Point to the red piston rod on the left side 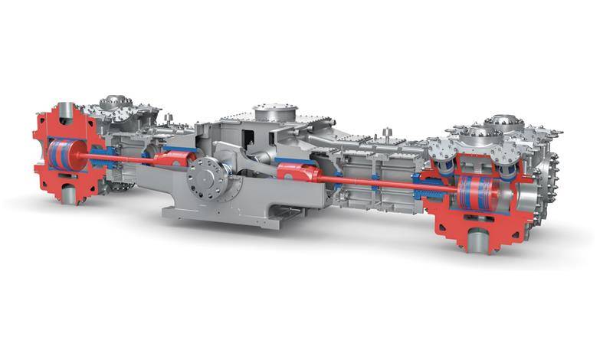115,156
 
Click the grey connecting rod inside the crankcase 245,162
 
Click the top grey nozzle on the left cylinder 66,110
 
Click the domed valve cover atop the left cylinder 116,102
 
